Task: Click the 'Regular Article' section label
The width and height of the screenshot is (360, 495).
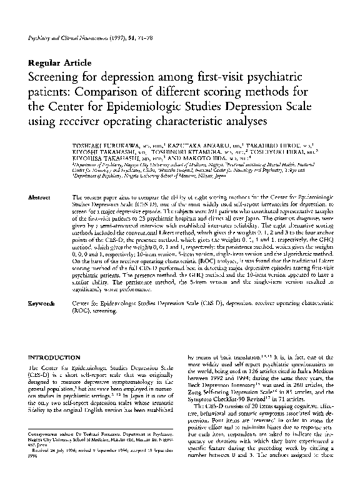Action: click(60, 63)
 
